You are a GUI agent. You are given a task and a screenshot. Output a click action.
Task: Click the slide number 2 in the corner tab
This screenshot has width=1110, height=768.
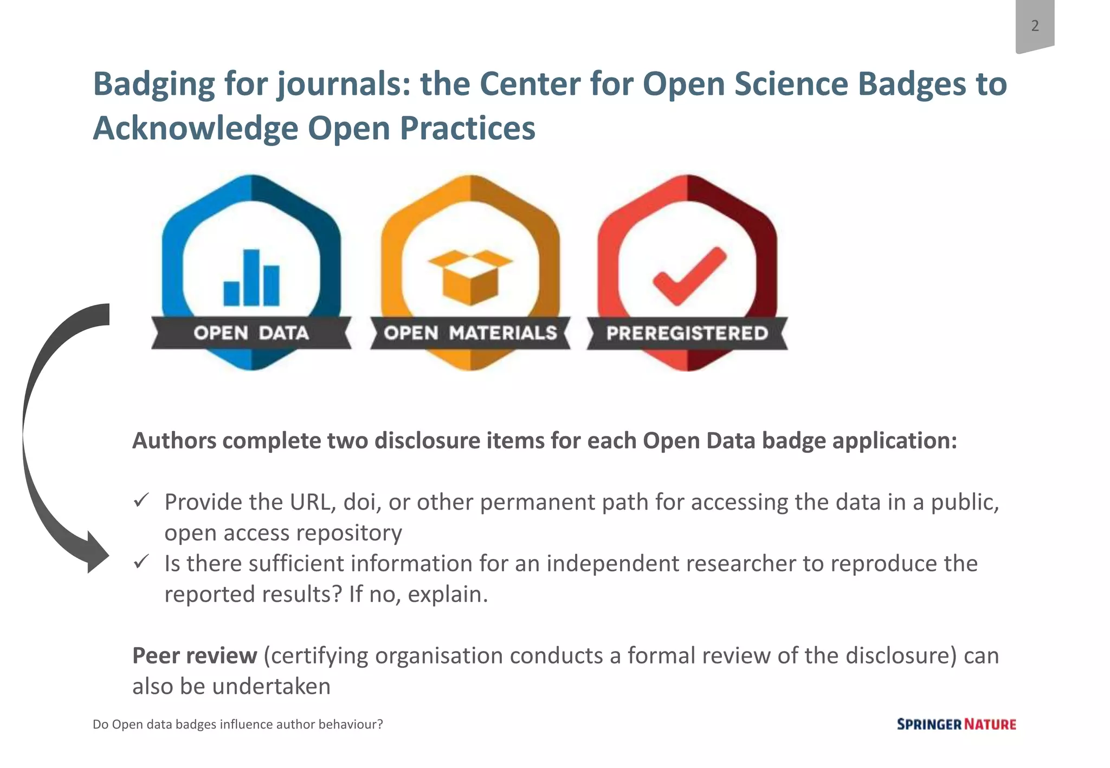point(1035,25)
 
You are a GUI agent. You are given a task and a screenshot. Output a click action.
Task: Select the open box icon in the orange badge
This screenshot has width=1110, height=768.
point(470,276)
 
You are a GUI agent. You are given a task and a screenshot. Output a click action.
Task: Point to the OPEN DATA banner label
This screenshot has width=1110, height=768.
point(251,333)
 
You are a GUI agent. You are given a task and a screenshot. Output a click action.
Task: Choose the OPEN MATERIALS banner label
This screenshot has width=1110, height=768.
point(470,333)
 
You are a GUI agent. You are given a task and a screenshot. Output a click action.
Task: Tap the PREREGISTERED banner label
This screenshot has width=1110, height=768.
point(687,333)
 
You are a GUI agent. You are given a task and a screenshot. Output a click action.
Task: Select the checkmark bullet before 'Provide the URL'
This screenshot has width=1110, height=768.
point(141,500)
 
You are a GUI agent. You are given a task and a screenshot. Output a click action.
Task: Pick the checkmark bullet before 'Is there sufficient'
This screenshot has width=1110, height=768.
point(141,562)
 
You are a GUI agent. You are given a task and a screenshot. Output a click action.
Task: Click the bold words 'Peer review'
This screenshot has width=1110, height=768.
point(195,655)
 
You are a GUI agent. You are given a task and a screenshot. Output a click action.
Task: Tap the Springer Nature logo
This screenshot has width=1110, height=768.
point(956,724)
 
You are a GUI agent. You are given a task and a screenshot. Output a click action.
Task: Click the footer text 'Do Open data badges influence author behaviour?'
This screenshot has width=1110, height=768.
point(237,724)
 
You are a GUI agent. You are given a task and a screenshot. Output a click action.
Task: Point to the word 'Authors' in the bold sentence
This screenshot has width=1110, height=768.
point(174,441)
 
